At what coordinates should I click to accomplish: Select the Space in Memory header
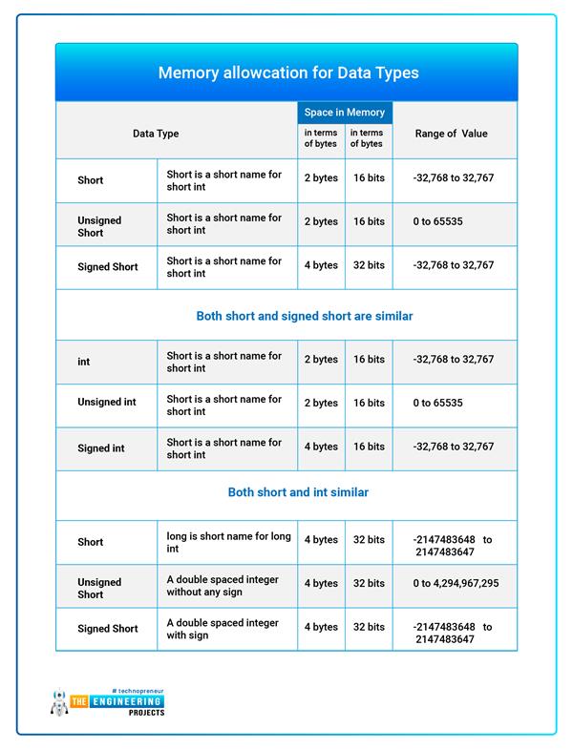(x=345, y=113)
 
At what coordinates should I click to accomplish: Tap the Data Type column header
(x=156, y=134)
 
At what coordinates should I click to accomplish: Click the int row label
(x=84, y=363)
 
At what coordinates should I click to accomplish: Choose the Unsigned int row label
(x=107, y=402)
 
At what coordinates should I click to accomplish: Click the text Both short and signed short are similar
(x=305, y=316)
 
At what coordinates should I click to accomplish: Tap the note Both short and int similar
(x=298, y=492)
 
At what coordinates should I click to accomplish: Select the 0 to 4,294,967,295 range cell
(x=456, y=583)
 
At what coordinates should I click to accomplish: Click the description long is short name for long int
(x=228, y=542)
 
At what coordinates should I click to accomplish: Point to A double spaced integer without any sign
(x=223, y=583)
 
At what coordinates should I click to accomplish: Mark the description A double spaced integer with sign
(x=223, y=628)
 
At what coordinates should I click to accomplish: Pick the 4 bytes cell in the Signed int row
(x=321, y=447)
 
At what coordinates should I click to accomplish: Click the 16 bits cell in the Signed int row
(x=369, y=447)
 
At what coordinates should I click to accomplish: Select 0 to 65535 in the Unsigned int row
(x=438, y=403)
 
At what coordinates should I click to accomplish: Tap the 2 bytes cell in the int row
(x=321, y=360)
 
